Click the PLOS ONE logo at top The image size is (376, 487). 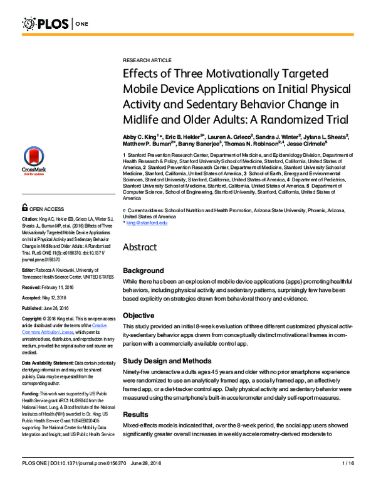coord(56,24)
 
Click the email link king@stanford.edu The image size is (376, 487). coord(147,223)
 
